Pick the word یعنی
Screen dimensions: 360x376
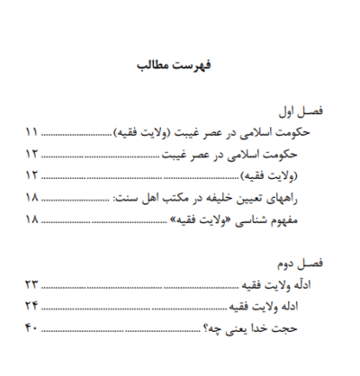pyautogui.click(x=274, y=327)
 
